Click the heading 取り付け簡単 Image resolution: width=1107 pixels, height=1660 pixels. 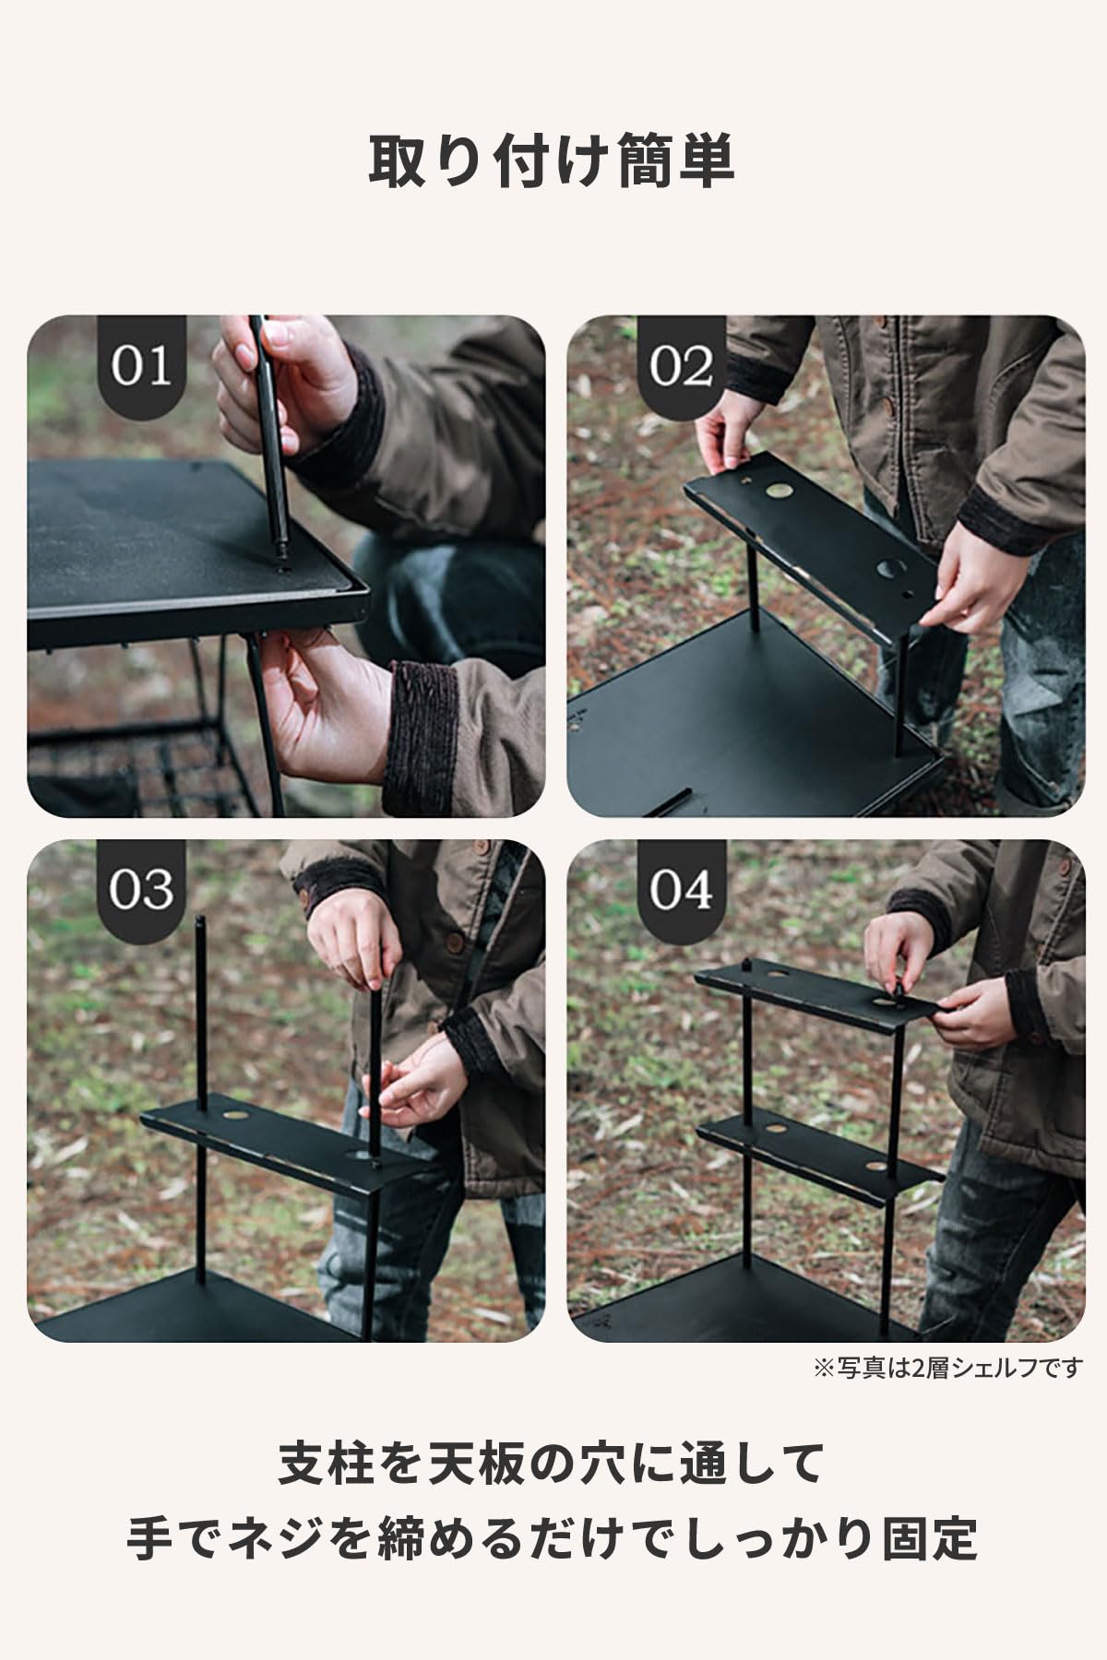click(x=553, y=161)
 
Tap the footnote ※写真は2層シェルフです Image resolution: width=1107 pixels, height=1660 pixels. click(x=947, y=1368)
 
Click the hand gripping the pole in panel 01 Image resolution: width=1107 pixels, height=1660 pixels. click(x=277, y=378)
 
